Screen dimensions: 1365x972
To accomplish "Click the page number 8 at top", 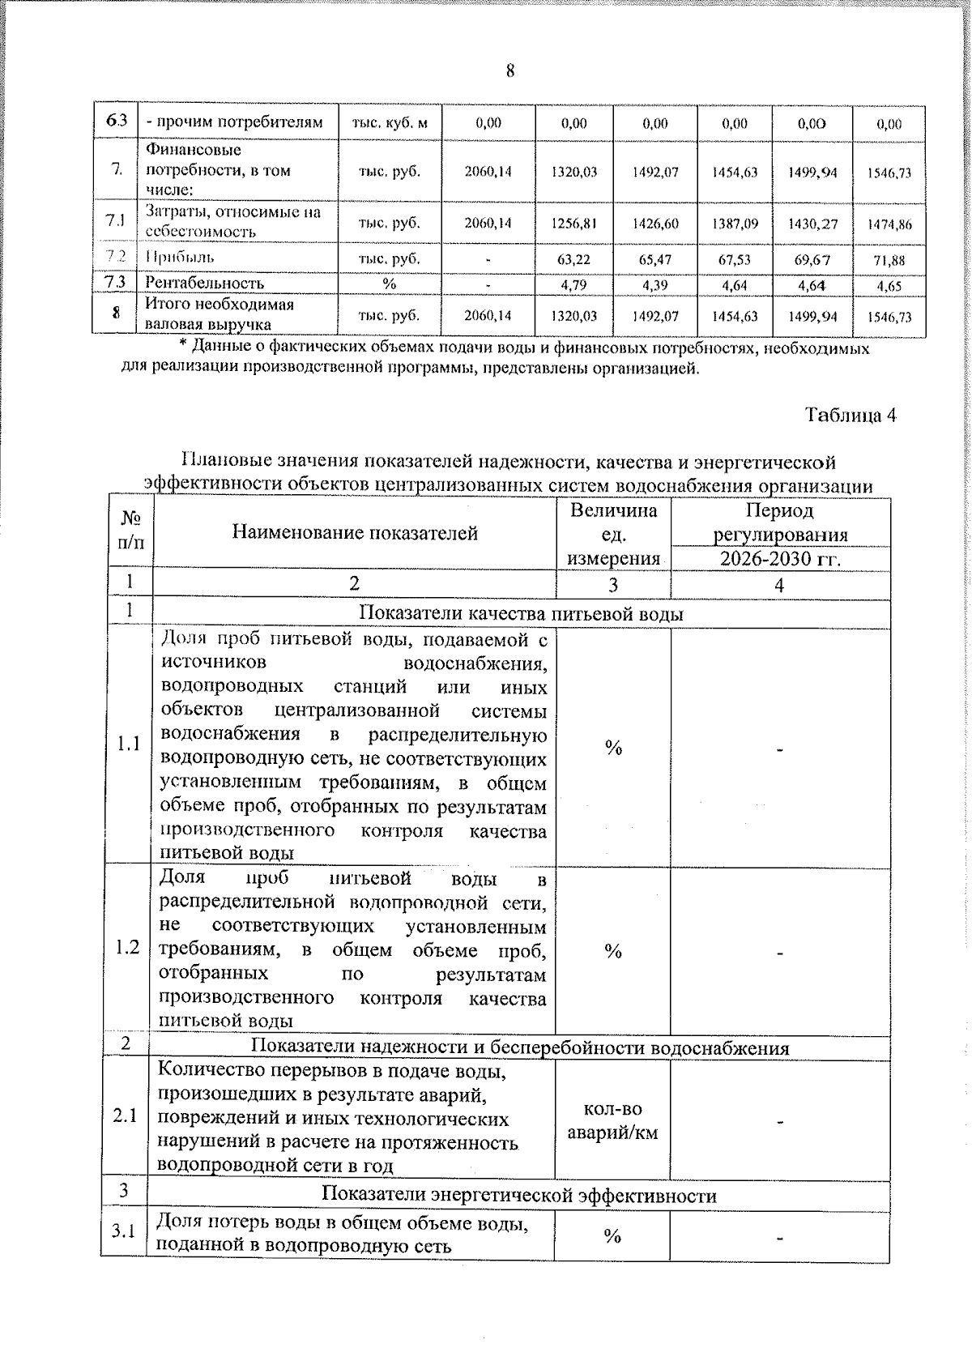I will click(x=510, y=71).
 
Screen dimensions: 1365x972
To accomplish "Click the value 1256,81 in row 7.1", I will click(x=574, y=223).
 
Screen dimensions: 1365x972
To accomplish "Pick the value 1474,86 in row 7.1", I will click(x=889, y=224).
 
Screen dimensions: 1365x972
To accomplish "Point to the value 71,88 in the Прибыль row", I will click(x=889, y=261).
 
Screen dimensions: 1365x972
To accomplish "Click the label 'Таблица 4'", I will click(x=850, y=416).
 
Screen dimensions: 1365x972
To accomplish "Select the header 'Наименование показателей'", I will click(x=355, y=532).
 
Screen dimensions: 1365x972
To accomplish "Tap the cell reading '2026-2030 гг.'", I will click(x=779, y=560).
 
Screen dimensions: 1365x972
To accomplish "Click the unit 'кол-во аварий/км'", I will click(x=612, y=1120).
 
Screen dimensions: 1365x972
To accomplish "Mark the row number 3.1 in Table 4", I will click(x=124, y=1231).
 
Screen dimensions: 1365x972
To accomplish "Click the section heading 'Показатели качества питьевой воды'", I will click(x=521, y=614).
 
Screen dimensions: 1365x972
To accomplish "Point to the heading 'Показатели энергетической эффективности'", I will click(x=518, y=1195).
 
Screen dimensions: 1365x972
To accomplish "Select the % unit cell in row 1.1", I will click(x=613, y=748).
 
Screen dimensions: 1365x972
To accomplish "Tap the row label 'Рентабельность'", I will click(x=204, y=284).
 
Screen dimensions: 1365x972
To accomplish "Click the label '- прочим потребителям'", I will click(x=235, y=122).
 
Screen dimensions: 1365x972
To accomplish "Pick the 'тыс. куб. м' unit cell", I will click(x=390, y=123).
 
